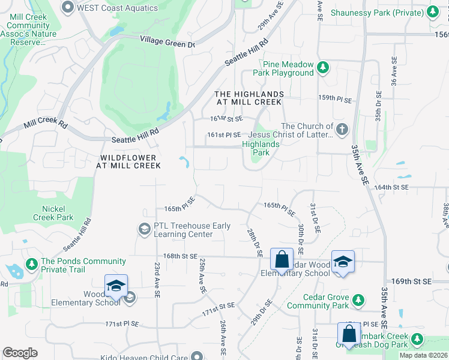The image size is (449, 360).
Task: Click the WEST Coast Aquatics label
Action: tap(118, 8)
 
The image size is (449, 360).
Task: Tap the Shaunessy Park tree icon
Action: tap(432, 12)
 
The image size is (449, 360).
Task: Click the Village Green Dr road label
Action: tap(167, 41)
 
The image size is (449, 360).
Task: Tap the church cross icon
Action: tap(342, 129)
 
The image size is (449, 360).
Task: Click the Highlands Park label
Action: tap(261, 148)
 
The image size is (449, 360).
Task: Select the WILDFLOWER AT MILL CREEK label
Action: tap(128, 161)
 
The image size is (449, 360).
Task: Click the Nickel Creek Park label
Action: tap(53, 213)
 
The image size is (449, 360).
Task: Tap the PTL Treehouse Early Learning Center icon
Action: tap(144, 229)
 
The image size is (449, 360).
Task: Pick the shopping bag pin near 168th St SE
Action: tap(282, 260)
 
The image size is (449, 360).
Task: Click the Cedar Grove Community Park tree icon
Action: tap(358, 299)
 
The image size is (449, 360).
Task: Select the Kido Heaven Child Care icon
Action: tap(196, 356)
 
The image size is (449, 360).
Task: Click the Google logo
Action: tap(20, 353)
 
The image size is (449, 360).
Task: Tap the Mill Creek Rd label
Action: tap(46, 124)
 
